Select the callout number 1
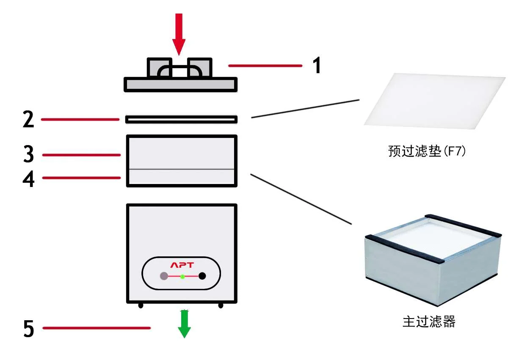pyautogui.click(x=316, y=66)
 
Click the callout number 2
pyautogui.click(x=28, y=120)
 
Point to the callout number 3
pyautogui.click(x=28, y=155)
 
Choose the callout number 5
pyautogui.click(x=28, y=329)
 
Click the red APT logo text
pyautogui.click(x=182, y=265)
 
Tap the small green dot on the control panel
pyautogui.click(x=182, y=276)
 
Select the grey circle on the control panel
pyautogui.click(x=164, y=276)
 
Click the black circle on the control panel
pyautogui.click(x=202, y=276)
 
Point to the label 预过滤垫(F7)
pyautogui.click(x=427, y=151)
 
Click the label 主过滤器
pyautogui.click(x=428, y=322)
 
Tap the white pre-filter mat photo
pyautogui.click(x=435, y=101)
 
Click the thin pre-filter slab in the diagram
pyautogui.click(x=181, y=120)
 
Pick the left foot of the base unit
pyautogui.click(x=141, y=305)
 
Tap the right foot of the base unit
pyautogui.click(x=221, y=305)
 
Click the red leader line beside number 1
pyautogui.click(x=265, y=66)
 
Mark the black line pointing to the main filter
pyautogui.click(x=301, y=198)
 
